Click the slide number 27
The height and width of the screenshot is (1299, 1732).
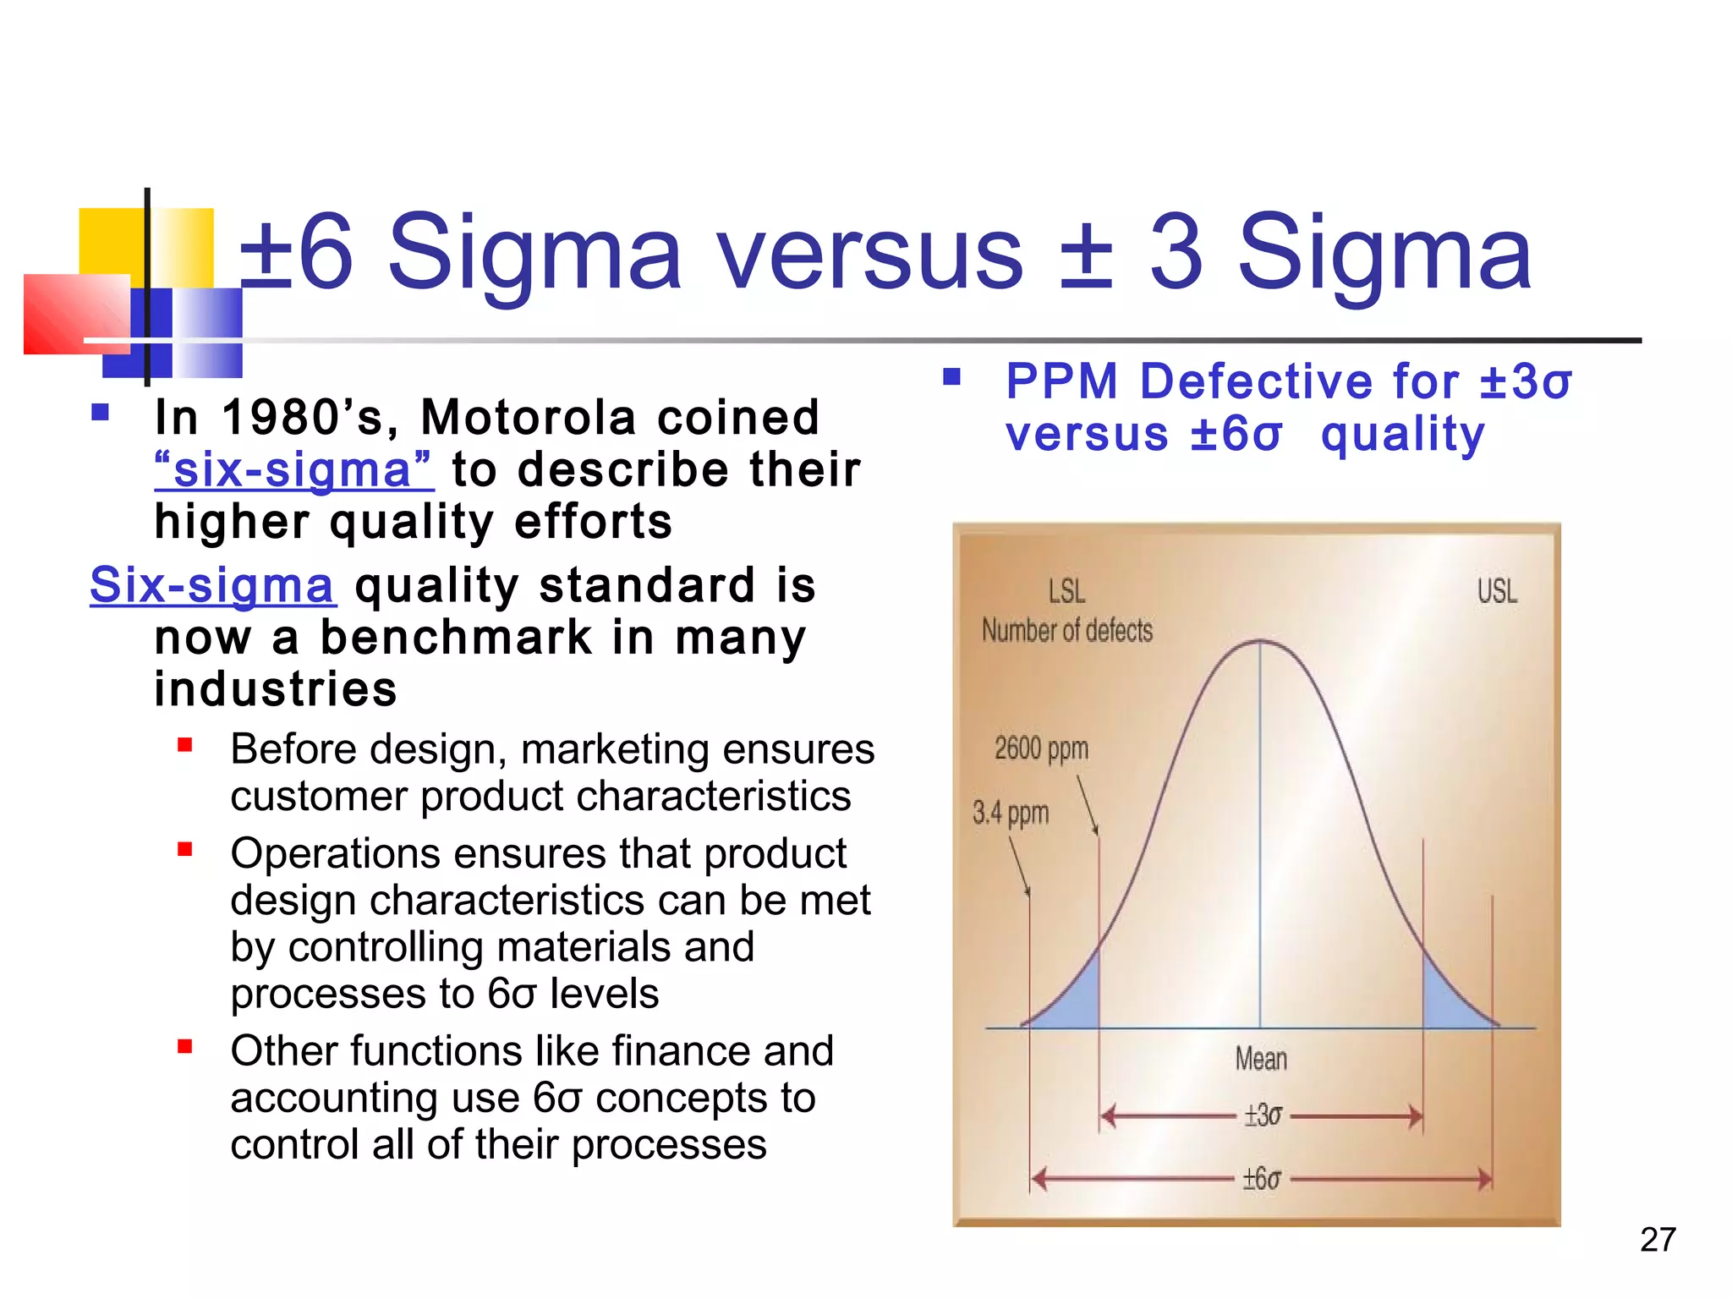[x=1657, y=1240]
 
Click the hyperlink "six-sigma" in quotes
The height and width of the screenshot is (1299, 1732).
[x=293, y=470]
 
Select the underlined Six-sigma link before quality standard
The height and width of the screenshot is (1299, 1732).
[x=212, y=585]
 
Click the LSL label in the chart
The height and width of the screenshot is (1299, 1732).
[x=1066, y=591]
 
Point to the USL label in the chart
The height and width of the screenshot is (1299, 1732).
[x=1497, y=591]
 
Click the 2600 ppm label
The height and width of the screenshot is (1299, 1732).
[x=1041, y=748]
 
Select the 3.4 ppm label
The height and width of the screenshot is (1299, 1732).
[x=1011, y=813]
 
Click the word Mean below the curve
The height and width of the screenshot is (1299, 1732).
[x=1261, y=1059]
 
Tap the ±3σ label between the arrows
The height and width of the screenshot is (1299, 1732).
[x=1263, y=1115]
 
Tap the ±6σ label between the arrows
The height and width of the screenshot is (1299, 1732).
[x=1261, y=1178]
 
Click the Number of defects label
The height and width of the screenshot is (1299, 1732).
[x=1067, y=631]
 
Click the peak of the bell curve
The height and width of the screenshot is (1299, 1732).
[x=1261, y=642]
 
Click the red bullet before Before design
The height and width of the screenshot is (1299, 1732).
[x=185, y=746]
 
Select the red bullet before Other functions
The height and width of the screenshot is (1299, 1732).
[x=185, y=1047]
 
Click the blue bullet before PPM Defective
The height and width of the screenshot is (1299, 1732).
[x=952, y=377]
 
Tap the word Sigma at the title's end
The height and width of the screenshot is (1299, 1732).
[x=1384, y=252]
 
